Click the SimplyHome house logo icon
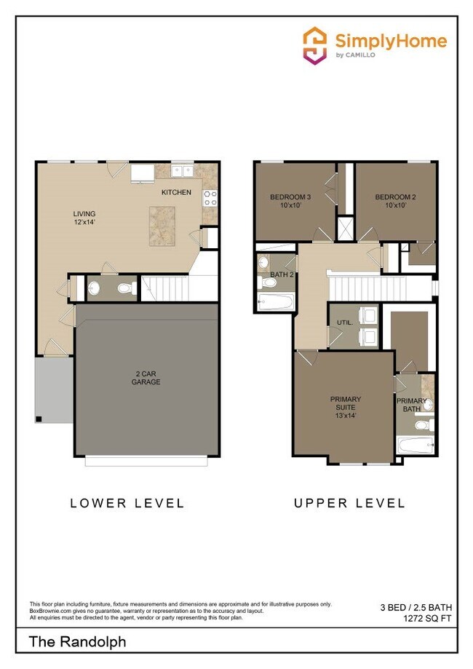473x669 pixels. pyautogui.click(x=314, y=45)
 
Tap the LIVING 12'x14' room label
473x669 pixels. pyautogui.click(x=84, y=218)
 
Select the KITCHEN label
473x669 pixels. pyautogui.click(x=176, y=193)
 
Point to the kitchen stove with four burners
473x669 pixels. pyautogui.click(x=210, y=197)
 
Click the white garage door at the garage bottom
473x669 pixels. pyautogui.click(x=146, y=461)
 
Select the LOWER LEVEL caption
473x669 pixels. pyautogui.click(x=127, y=503)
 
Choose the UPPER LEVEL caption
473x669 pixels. pyautogui.click(x=349, y=503)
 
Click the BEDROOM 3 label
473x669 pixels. pyautogui.click(x=290, y=201)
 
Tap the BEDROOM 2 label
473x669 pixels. pyautogui.click(x=395, y=201)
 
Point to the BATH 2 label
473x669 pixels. pyautogui.click(x=281, y=274)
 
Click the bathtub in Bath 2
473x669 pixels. pyautogui.click(x=275, y=302)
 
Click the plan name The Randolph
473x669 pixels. pyautogui.click(x=77, y=642)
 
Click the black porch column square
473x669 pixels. pyautogui.click(x=39, y=419)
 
